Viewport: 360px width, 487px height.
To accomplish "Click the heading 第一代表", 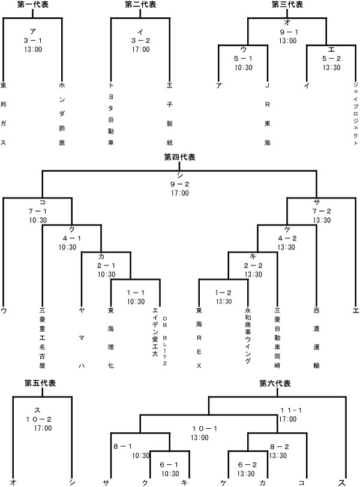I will pyautogui.click(x=33, y=5).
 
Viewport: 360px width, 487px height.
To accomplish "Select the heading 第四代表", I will pyautogui.click(x=179, y=157).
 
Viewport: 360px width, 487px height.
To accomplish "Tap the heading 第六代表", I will pyautogui.click(x=275, y=383).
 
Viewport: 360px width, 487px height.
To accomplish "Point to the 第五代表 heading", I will pyautogui.click(x=41, y=383).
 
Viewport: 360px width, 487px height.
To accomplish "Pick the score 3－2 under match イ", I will pyautogui.click(x=140, y=41).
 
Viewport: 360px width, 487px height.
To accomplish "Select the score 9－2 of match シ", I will pyautogui.click(x=179, y=184).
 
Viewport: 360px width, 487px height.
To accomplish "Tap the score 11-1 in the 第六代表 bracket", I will pyautogui.click(x=291, y=410).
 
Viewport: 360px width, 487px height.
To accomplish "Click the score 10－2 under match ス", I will pyautogui.click(x=43, y=419).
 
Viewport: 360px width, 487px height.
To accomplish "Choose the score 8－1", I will pyautogui.click(x=124, y=446).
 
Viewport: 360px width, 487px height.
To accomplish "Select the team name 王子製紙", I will pyautogui.click(x=170, y=114).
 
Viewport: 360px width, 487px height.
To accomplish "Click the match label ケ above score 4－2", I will pyautogui.click(x=287, y=229).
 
